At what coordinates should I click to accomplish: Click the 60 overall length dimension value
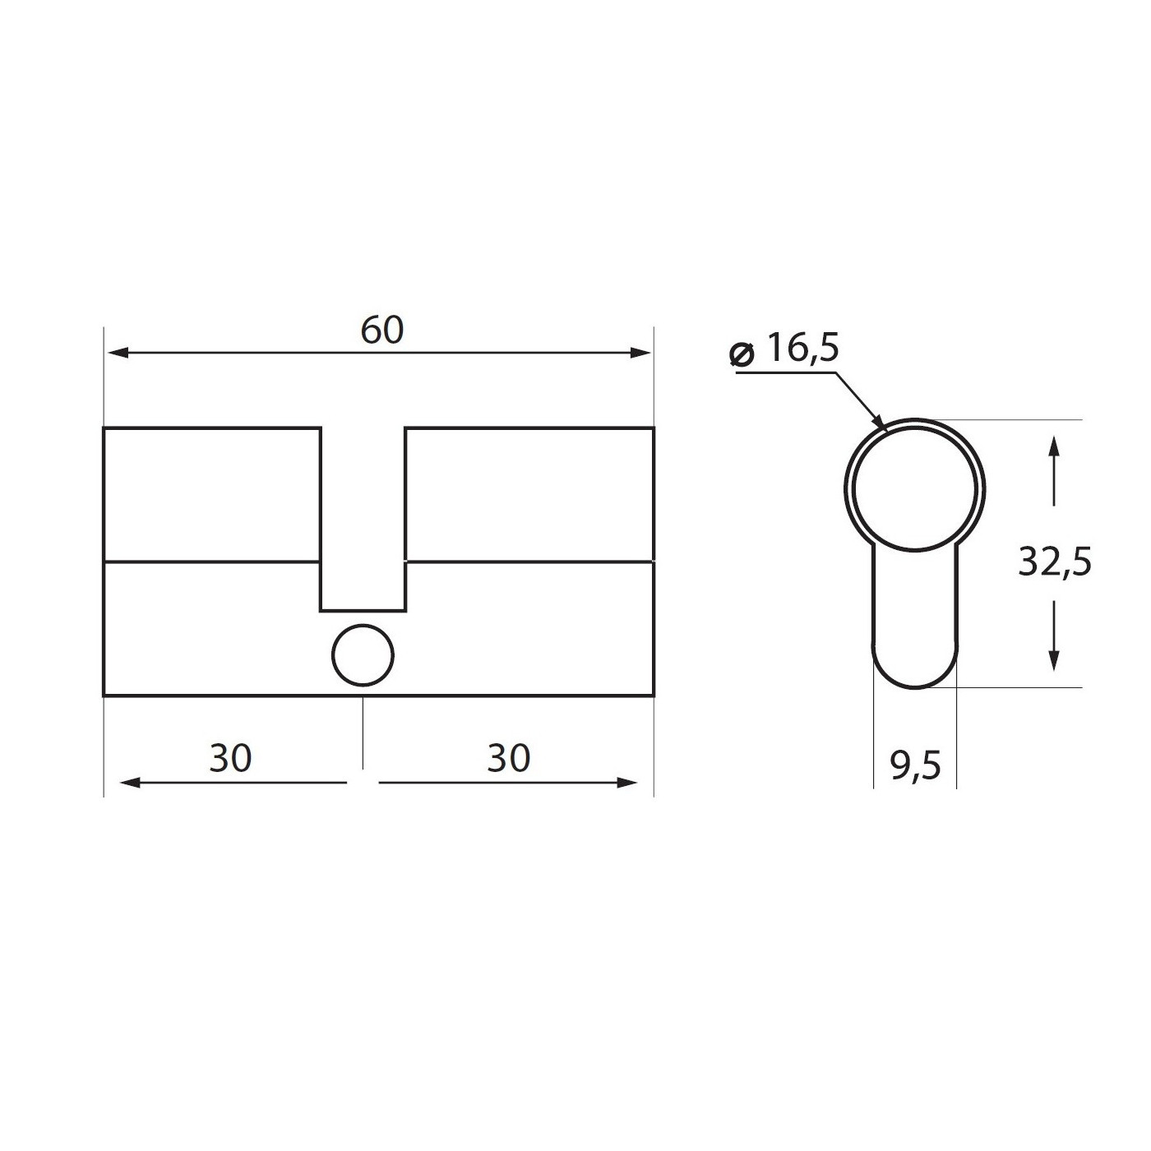coord(382,330)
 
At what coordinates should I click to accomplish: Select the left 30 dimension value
coord(230,758)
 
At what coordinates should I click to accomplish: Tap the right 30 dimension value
coord(509,758)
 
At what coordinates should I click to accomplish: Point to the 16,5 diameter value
coord(802,349)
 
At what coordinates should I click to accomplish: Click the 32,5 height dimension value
coord(1055,563)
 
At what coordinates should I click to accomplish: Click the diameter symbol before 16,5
coord(742,354)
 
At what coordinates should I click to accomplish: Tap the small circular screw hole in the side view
coord(363,655)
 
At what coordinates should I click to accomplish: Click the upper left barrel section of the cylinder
coord(211,494)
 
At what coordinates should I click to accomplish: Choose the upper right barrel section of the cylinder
coord(529,494)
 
